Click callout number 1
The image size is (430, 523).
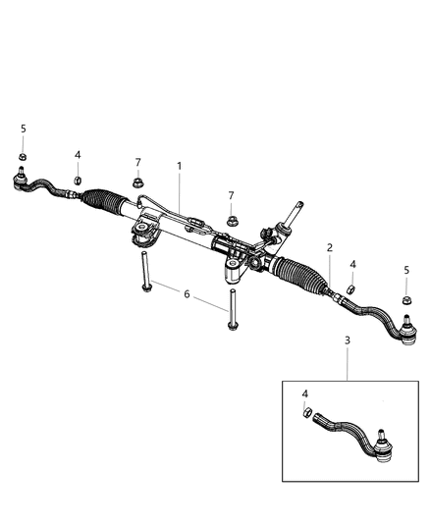point(180,168)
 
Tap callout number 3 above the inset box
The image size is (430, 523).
point(347,340)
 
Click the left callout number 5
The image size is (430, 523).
point(23,130)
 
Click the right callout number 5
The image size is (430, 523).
point(406,270)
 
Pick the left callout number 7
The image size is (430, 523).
point(139,162)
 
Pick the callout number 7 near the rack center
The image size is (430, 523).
point(232,195)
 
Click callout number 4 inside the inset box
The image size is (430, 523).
point(304,393)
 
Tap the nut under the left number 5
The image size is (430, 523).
point(23,157)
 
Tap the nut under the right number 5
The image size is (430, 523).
point(405,298)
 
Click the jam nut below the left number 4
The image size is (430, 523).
point(78,181)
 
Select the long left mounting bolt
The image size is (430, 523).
point(145,269)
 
